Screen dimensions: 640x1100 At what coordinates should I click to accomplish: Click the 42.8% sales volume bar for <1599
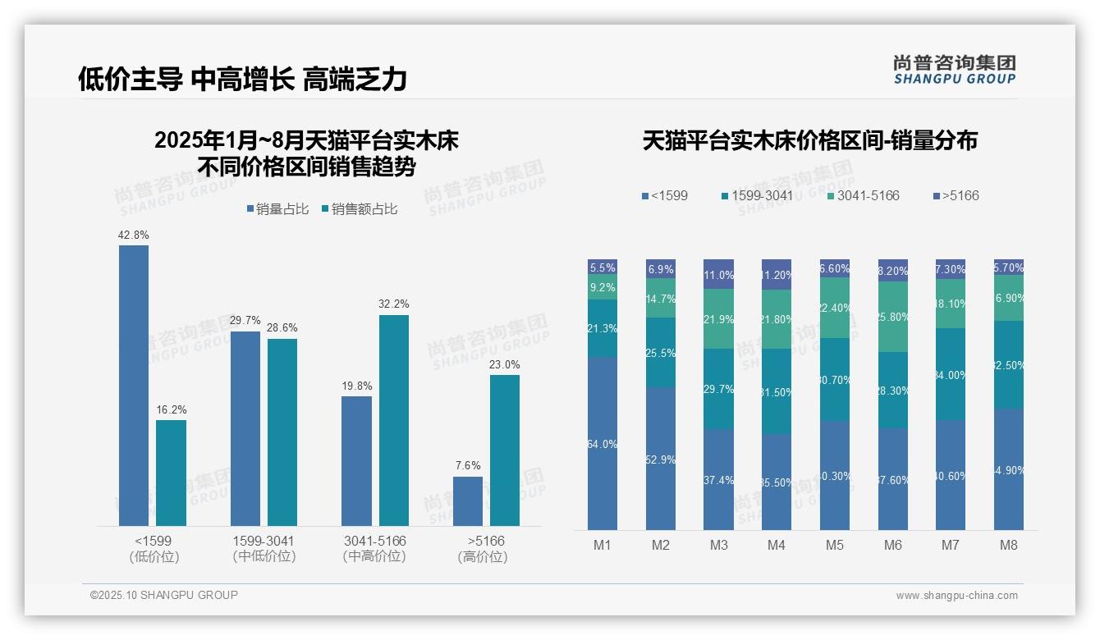point(134,386)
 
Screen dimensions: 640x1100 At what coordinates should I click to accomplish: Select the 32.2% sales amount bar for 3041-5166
point(394,420)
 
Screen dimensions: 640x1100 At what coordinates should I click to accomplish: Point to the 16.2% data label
point(172,409)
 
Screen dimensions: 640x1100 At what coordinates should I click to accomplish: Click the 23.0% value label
point(505,364)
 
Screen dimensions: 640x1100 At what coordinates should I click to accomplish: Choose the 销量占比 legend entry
point(277,209)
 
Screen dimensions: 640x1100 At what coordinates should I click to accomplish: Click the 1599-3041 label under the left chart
point(264,542)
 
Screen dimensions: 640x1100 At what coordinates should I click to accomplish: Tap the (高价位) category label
point(483,557)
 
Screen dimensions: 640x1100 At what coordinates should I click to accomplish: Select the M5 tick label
point(835,545)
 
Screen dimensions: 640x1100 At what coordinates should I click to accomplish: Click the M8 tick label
point(1009,545)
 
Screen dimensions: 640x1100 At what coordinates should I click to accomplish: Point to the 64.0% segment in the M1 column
point(602,443)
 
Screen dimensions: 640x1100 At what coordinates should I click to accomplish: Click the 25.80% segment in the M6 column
point(893,317)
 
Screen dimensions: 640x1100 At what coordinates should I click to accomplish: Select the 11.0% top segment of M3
point(718,275)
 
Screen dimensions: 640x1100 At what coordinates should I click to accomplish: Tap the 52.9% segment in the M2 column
point(660,459)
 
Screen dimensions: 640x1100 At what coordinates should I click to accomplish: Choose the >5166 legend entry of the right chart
point(956,196)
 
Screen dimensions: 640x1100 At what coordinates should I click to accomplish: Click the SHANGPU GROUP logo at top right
point(955,70)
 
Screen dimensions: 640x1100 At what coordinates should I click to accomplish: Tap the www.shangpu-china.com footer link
point(956,596)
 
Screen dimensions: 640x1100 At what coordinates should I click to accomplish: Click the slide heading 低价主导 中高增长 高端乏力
point(242,79)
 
